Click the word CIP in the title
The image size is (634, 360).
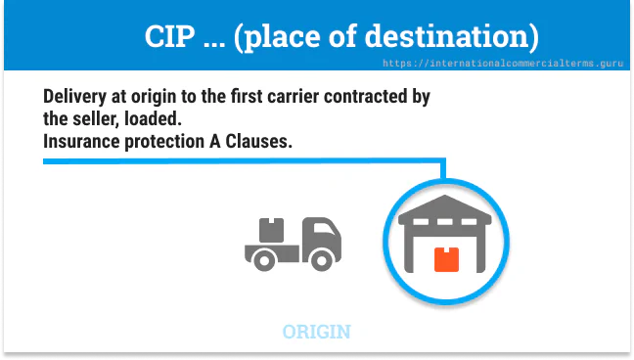(x=168, y=37)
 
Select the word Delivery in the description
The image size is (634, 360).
(x=76, y=99)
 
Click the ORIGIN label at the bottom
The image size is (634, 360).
(x=316, y=332)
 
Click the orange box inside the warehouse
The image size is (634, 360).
(x=445, y=258)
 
